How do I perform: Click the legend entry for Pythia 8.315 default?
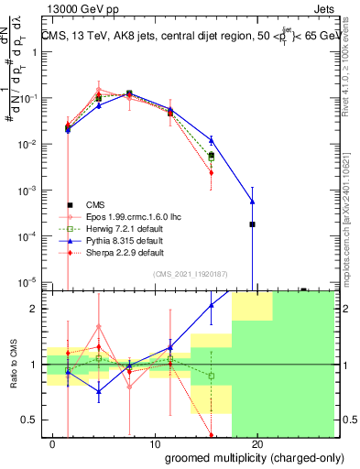coord(123,239)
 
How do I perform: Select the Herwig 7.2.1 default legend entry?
coord(124,227)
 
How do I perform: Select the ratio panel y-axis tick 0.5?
coord(32,420)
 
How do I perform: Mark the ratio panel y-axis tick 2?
coord(36,309)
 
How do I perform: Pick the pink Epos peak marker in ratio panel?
coord(99,326)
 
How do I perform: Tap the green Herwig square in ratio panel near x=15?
coord(212,376)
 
